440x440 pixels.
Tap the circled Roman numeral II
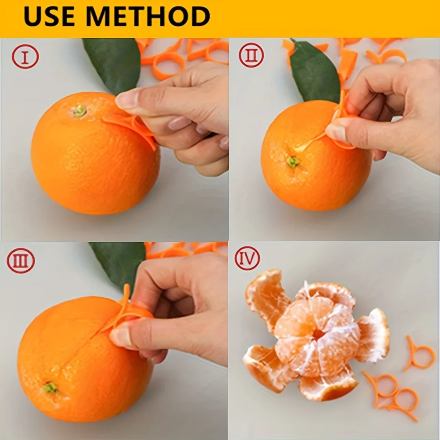tap(251, 55)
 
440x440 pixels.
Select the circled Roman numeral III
tap(21, 261)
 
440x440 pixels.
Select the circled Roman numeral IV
tap(247, 259)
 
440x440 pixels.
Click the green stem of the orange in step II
tap(293, 161)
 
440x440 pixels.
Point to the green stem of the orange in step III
tap(49, 387)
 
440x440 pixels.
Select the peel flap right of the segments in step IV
tap(374, 335)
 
